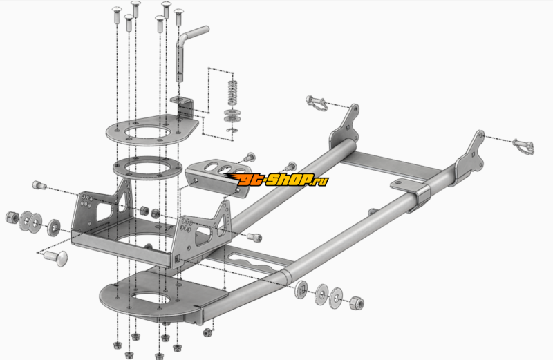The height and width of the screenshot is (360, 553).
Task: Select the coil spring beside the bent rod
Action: point(232,93)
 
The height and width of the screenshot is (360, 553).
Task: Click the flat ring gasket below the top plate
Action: point(147,168)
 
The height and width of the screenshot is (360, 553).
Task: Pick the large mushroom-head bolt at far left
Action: point(56,258)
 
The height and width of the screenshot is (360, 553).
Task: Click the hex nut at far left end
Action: point(12,217)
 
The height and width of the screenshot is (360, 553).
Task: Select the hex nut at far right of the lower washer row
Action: point(357,303)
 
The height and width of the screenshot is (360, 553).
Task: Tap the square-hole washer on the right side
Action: point(301,289)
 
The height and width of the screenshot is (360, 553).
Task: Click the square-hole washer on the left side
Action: point(54,227)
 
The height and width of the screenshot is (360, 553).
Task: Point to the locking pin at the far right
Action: point(524,146)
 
